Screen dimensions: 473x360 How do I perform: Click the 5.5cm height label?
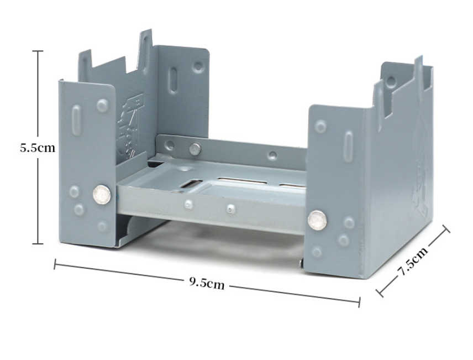[x=38, y=148]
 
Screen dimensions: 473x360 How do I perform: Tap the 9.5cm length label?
[x=207, y=283]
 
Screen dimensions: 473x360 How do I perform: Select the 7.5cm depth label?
[x=413, y=261]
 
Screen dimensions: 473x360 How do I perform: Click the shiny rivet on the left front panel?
[x=102, y=195]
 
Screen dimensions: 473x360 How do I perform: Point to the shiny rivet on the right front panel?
[x=317, y=220]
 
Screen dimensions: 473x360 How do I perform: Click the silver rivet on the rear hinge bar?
[x=195, y=149]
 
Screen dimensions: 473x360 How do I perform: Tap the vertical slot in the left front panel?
[x=76, y=120]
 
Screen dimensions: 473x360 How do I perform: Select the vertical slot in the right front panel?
[x=349, y=147]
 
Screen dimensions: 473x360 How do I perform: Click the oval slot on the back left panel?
[x=174, y=81]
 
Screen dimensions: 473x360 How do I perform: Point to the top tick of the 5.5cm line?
[x=38, y=51]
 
